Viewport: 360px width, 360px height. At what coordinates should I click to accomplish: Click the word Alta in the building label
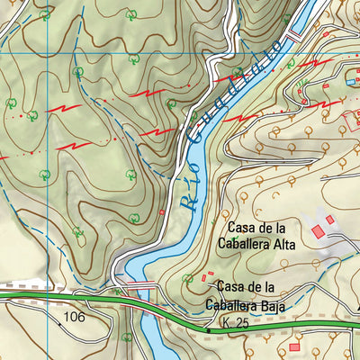[276, 242]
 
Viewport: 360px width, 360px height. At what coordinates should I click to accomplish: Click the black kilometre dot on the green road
[207, 330]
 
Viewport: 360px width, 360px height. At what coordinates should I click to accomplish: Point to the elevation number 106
[74, 318]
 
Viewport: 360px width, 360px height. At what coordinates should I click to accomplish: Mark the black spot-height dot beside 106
[60, 320]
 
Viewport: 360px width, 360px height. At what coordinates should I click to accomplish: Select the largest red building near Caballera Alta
[318, 232]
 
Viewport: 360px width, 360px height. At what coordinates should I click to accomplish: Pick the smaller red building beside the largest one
[330, 220]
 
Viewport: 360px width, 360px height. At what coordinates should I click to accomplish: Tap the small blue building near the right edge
[349, 83]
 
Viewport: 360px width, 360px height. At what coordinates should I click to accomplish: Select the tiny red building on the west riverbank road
[162, 212]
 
